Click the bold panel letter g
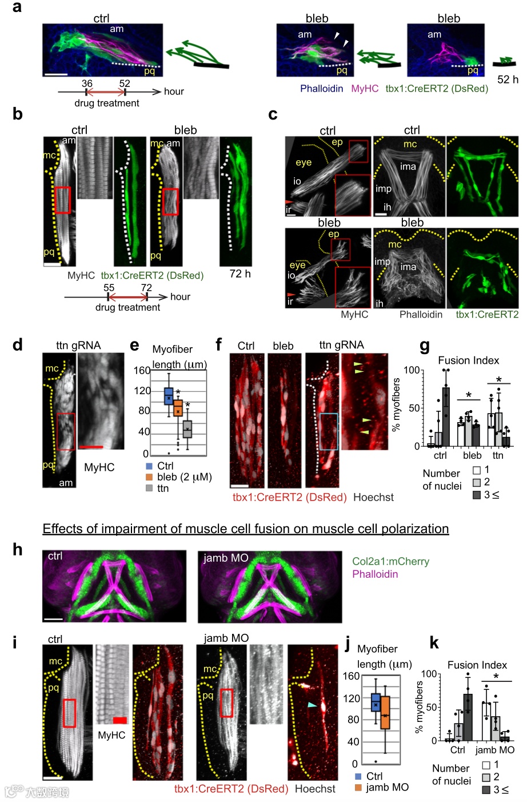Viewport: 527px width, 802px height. [424, 345]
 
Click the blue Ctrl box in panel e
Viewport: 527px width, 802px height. [169, 395]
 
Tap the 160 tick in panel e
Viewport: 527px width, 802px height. [142, 370]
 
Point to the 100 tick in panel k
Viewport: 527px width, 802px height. [429, 674]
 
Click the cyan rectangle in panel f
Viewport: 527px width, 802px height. [329, 431]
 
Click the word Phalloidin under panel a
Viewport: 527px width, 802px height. [321, 89]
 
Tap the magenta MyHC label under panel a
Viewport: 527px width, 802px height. [365, 89]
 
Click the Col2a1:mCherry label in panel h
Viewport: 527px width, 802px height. [390, 561]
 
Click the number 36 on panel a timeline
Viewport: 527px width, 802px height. [87, 84]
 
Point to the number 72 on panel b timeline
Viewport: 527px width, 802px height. [146, 288]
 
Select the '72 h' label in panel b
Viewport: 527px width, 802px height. [240, 274]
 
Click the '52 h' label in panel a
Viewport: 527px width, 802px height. [508, 80]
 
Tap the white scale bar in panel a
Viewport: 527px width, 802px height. [56, 74]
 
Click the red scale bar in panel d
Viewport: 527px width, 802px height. [91, 446]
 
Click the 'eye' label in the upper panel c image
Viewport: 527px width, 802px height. [304, 162]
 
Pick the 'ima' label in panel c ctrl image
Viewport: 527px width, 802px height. [408, 166]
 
